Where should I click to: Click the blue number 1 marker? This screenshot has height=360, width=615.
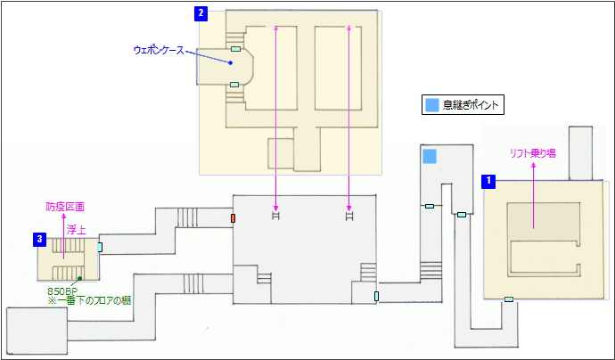click(x=488, y=181)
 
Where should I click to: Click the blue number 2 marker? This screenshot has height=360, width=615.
click(x=201, y=13)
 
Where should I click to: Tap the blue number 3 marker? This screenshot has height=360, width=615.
click(x=40, y=239)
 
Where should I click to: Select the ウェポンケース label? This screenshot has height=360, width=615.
click(x=158, y=51)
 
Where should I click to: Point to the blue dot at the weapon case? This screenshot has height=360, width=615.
click(x=230, y=63)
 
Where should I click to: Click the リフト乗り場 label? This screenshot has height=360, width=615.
click(x=533, y=153)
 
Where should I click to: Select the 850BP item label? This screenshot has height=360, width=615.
click(x=63, y=290)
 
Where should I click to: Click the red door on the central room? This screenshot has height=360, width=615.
click(x=233, y=218)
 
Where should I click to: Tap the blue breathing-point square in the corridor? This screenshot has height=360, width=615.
click(x=430, y=157)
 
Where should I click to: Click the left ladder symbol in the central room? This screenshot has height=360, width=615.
click(x=276, y=215)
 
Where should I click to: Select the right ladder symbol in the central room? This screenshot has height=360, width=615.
click(x=348, y=215)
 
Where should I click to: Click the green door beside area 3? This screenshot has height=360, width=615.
click(x=100, y=247)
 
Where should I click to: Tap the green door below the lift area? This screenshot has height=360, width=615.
click(x=509, y=299)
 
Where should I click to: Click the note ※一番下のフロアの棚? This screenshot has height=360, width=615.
click(x=88, y=301)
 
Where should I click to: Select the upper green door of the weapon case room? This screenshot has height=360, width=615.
click(x=235, y=49)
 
